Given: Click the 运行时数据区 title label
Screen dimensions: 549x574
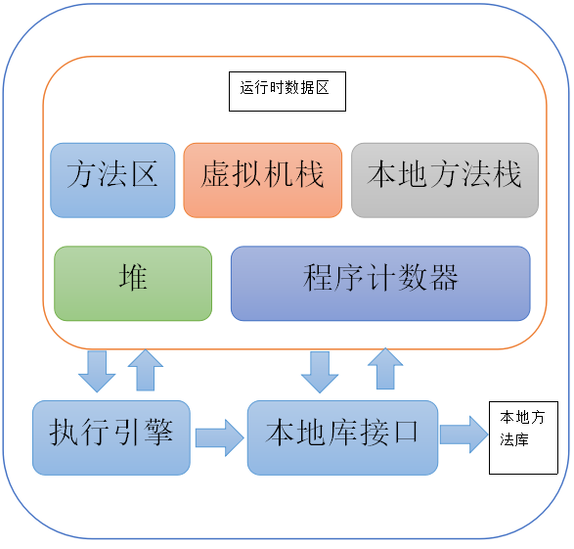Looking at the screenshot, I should [x=287, y=90].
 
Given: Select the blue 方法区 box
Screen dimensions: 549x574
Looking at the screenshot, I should [x=112, y=180].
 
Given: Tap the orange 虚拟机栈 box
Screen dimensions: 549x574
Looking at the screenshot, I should [x=262, y=180].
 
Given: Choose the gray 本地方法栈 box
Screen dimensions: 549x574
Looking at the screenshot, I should [x=445, y=180].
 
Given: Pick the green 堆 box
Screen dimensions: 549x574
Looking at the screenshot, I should [x=133, y=283].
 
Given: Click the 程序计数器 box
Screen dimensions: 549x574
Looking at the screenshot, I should [x=380, y=283].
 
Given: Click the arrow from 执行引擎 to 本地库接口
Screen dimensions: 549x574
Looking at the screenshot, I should [x=219, y=436].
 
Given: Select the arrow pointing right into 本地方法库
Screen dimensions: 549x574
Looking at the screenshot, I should [x=464, y=434].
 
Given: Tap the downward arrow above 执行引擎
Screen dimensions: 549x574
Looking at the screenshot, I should [x=97, y=370].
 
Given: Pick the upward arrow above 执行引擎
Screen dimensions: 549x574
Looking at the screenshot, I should [x=146, y=370].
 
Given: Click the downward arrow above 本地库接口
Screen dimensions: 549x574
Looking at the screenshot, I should [x=320, y=370].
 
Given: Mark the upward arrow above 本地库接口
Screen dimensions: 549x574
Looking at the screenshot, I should [x=384, y=370].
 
